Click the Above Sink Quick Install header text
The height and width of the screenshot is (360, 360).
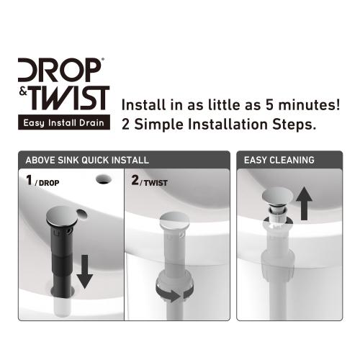(x=87, y=160)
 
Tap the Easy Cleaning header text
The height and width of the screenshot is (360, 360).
(x=279, y=160)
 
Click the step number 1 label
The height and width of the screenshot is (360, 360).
(x=30, y=181)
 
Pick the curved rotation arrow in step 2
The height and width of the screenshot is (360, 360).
(x=174, y=292)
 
